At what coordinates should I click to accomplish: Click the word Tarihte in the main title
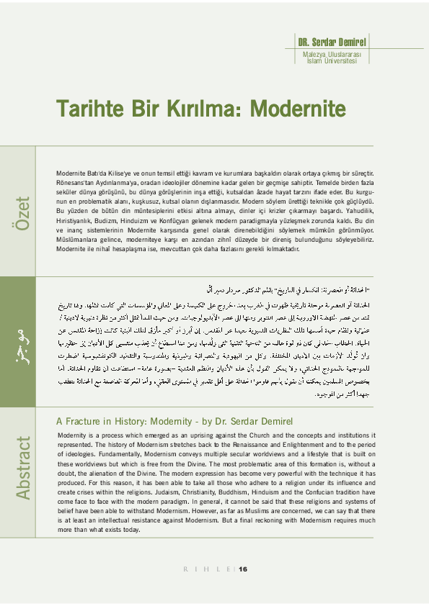point(92,109)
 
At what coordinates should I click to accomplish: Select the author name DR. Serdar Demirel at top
point(332,40)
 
